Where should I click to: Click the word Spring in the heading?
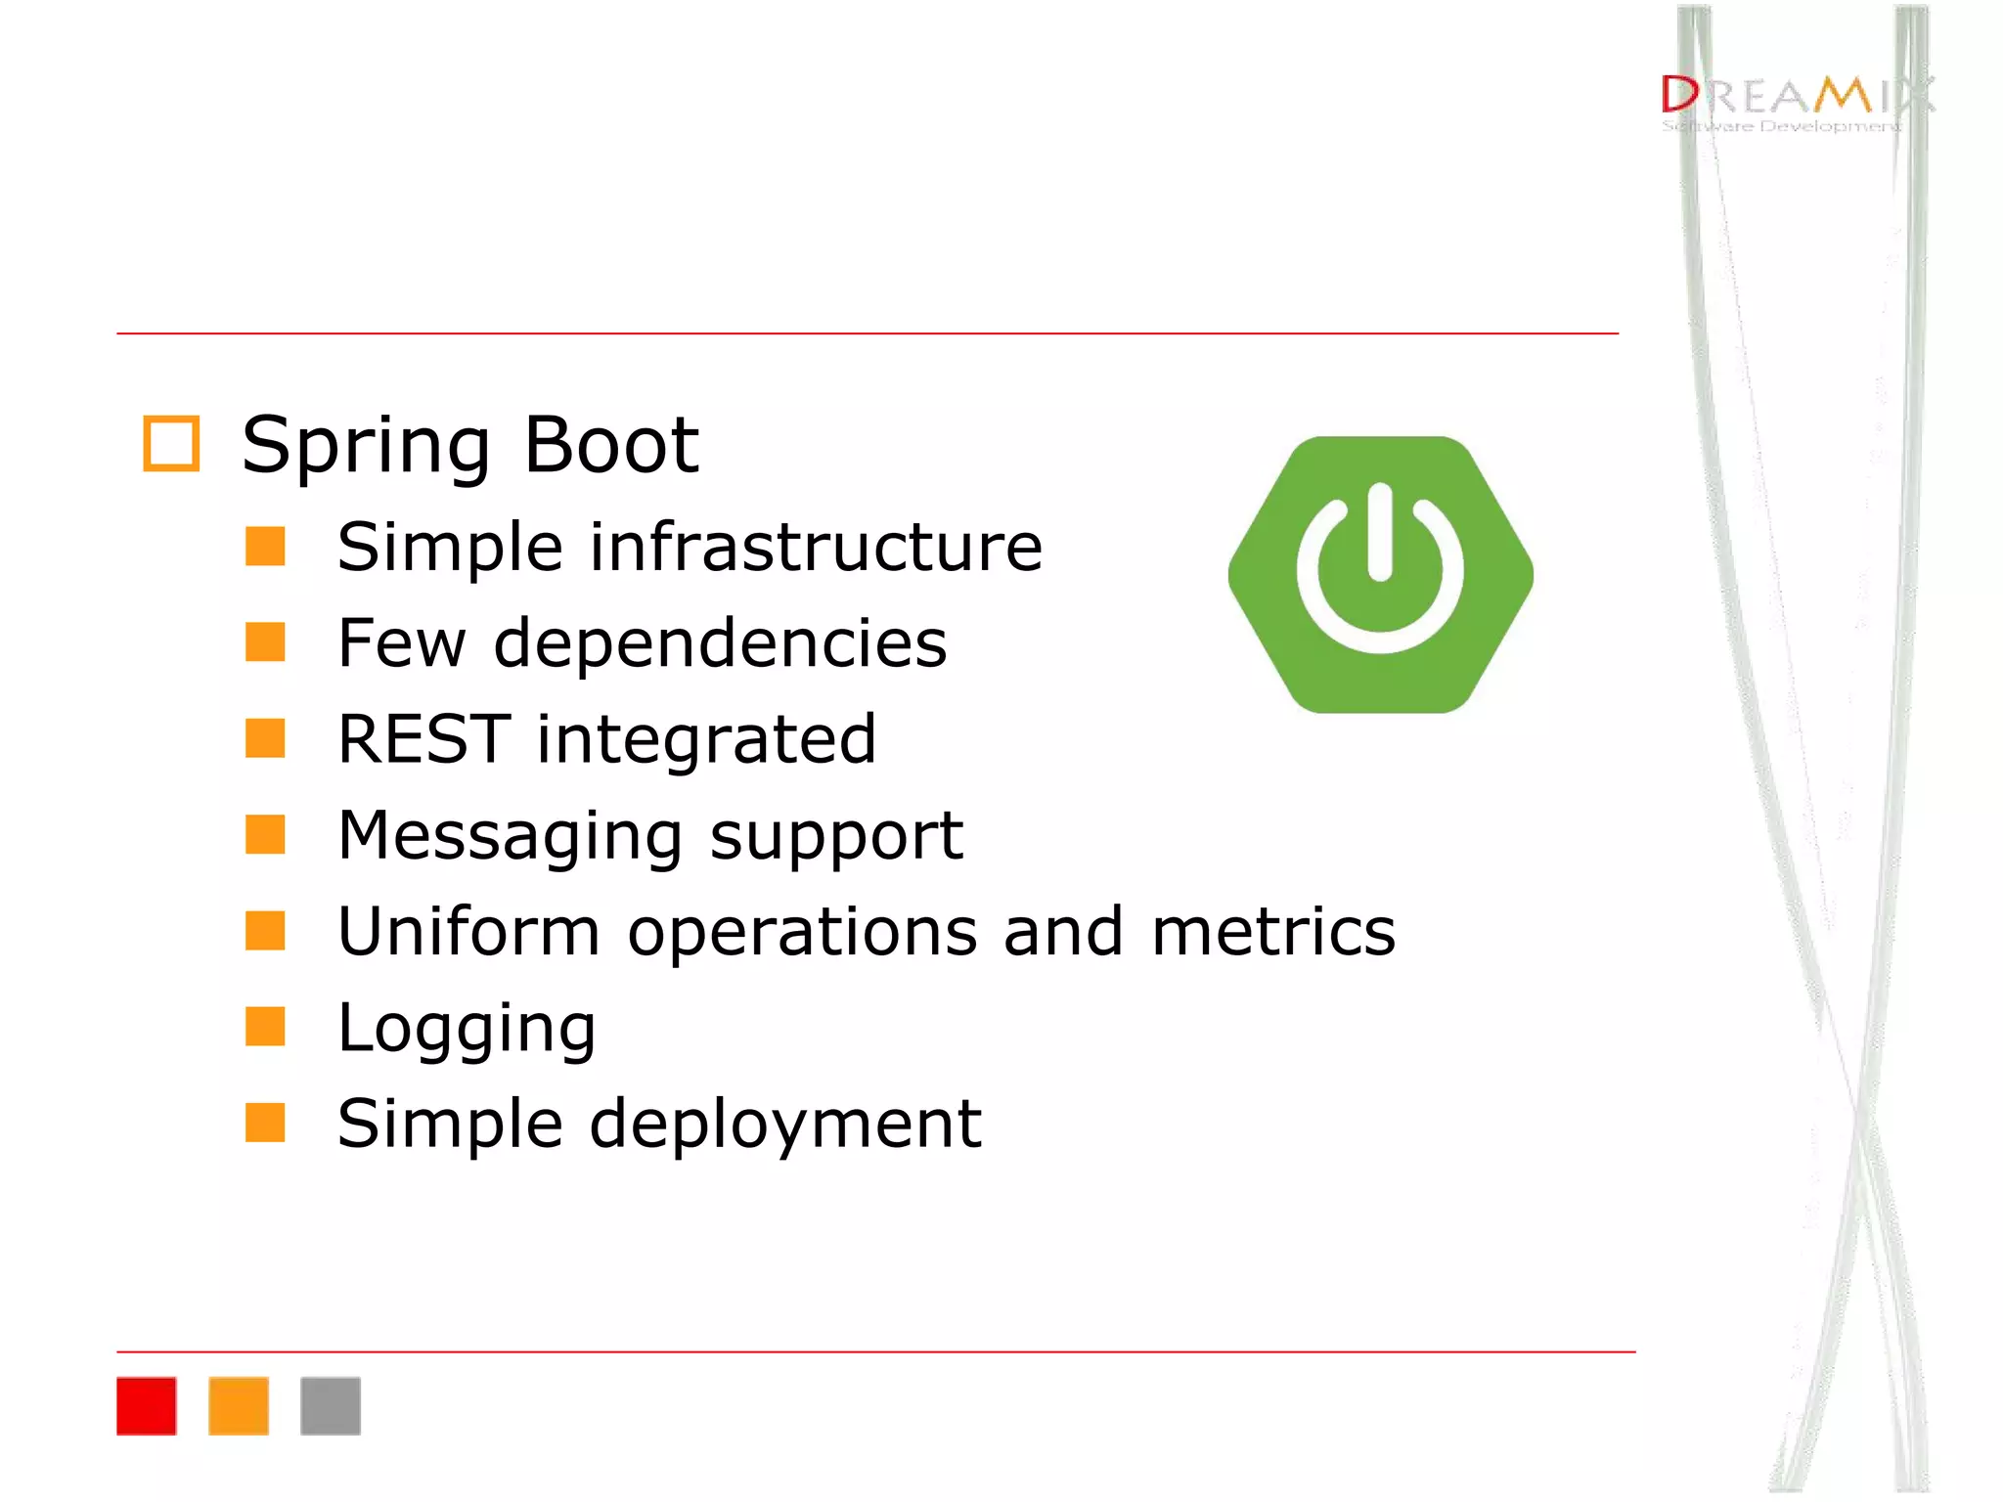[365, 447]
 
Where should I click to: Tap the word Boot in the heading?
[611, 445]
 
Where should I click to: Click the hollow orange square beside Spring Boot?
[171, 444]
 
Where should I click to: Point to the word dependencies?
[720, 643]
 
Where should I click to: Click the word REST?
[423, 738]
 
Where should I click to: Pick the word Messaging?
[510, 836]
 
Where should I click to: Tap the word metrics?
[1273, 931]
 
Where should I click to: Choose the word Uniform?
[468, 931]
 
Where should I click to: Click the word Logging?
[466, 1029]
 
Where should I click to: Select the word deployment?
[785, 1125]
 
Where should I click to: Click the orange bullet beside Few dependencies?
[265, 642]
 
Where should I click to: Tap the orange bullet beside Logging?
[265, 1027]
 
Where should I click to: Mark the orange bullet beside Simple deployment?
[265, 1123]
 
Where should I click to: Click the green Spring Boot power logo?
[1380, 575]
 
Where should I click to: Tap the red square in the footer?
[147, 1405]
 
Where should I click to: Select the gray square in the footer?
[331, 1405]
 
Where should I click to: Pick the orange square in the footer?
[239, 1405]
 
